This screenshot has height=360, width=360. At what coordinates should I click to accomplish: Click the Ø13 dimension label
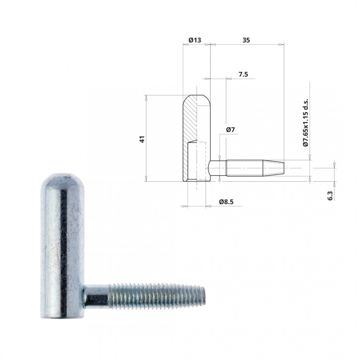(x=195, y=40)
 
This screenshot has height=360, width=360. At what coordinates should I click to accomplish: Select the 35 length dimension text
(x=246, y=40)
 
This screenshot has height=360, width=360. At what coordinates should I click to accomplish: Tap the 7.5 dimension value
(x=243, y=75)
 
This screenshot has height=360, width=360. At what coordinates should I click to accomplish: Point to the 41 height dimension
(x=143, y=139)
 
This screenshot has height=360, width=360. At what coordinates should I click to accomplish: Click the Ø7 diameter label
(x=230, y=130)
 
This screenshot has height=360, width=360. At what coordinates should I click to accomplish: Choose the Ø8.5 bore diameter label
(x=226, y=202)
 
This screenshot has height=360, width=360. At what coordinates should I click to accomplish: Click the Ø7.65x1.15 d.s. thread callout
(x=305, y=123)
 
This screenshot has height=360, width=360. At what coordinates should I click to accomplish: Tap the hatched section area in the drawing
(x=189, y=138)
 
